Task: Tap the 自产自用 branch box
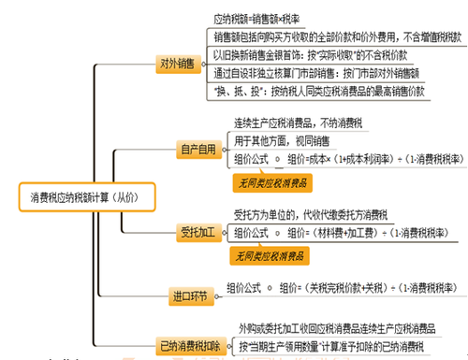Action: pyautogui.click(x=199, y=149)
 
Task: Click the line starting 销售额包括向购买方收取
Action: pyautogui.click(x=334, y=37)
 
